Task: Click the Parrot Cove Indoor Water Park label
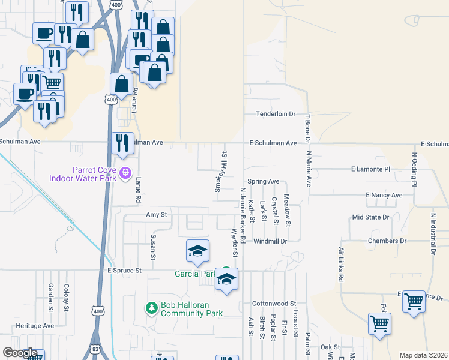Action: (98, 174)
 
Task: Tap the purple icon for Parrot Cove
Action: (125, 173)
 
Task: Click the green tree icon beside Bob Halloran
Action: (152, 308)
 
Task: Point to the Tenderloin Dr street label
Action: (276, 113)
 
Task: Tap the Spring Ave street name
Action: (264, 181)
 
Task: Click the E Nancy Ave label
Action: (384, 196)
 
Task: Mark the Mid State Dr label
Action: (371, 217)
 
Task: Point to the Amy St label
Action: (155, 214)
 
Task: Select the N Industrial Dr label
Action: (433, 233)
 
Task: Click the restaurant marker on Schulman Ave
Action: (123, 144)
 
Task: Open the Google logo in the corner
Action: (20, 353)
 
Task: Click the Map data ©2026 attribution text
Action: (423, 355)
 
